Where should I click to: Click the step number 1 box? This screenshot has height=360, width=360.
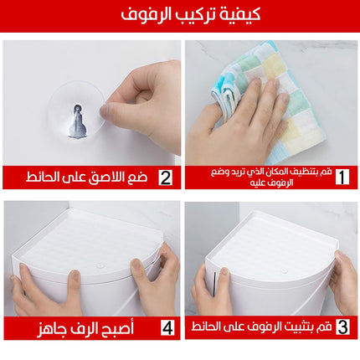coord(342,177)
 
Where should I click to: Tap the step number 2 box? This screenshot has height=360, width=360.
coord(166,177)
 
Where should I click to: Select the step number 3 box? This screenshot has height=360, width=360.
coord(342,327)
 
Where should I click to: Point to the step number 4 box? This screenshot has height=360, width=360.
coord(167,327)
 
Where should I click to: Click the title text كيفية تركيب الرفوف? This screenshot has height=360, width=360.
coord(191,14)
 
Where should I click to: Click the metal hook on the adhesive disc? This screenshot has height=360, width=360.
coord(77,122)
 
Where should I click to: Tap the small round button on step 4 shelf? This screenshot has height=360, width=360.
coord(100,265)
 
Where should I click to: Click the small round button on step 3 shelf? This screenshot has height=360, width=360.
coord(284,270)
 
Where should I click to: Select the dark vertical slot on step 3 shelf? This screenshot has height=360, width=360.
coord(214,284)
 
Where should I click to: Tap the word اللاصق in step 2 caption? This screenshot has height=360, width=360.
coord(105,177)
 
